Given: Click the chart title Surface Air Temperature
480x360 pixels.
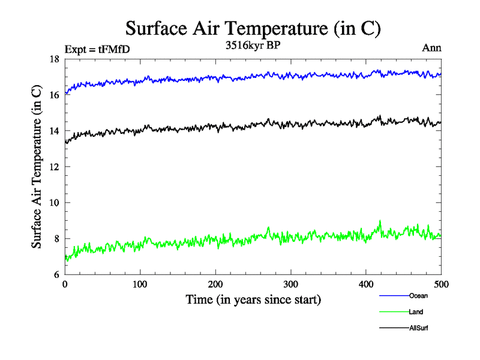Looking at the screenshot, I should (253, 28).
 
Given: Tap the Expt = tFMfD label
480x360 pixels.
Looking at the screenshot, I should (97, 50).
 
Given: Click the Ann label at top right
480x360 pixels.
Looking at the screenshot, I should (432, 48).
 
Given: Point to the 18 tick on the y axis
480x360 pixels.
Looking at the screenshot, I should (54, 59).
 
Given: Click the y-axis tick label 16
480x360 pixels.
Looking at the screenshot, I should (54, 95).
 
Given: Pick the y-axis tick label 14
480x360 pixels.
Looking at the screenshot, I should (54, 131).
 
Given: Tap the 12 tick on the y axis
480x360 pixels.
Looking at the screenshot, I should (54, 167).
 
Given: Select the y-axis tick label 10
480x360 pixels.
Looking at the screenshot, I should (54, 203).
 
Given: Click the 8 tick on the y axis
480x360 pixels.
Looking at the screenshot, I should (56, 239).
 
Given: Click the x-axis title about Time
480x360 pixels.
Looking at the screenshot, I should (253, 299).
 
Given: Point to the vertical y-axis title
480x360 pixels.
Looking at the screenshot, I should (37, 167).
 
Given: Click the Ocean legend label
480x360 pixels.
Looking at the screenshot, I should (418, 296).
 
